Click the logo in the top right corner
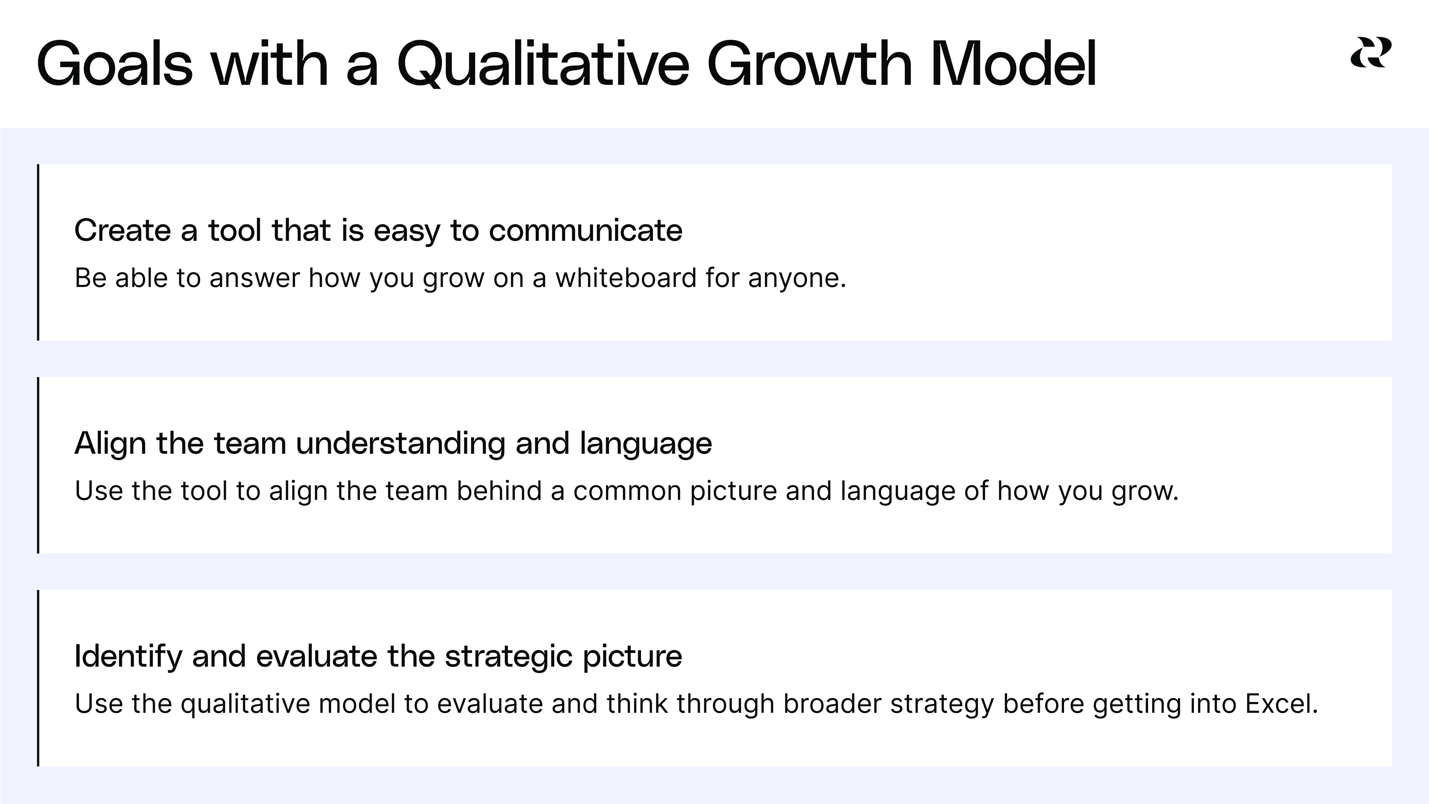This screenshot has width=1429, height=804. click(x=1370, y=53)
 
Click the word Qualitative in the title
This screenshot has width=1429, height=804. click(x=543, y=64)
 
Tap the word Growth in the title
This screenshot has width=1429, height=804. click(x=809, y=64)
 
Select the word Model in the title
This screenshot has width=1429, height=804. click(x=1013, y=64)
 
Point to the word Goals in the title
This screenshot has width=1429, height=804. click(x=114, y=64)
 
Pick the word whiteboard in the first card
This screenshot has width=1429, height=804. click(x=626, y=277)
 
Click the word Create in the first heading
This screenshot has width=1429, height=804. click(x=123, y=230)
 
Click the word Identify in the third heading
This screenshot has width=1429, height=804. click(x=128, y=656)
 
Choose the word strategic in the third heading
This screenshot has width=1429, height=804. click(x=509, y=656)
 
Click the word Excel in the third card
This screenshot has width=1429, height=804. click(x=1280, y=703)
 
